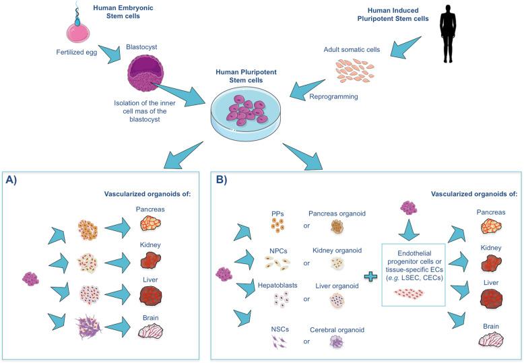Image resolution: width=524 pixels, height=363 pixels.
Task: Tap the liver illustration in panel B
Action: (x=489, y=297)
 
